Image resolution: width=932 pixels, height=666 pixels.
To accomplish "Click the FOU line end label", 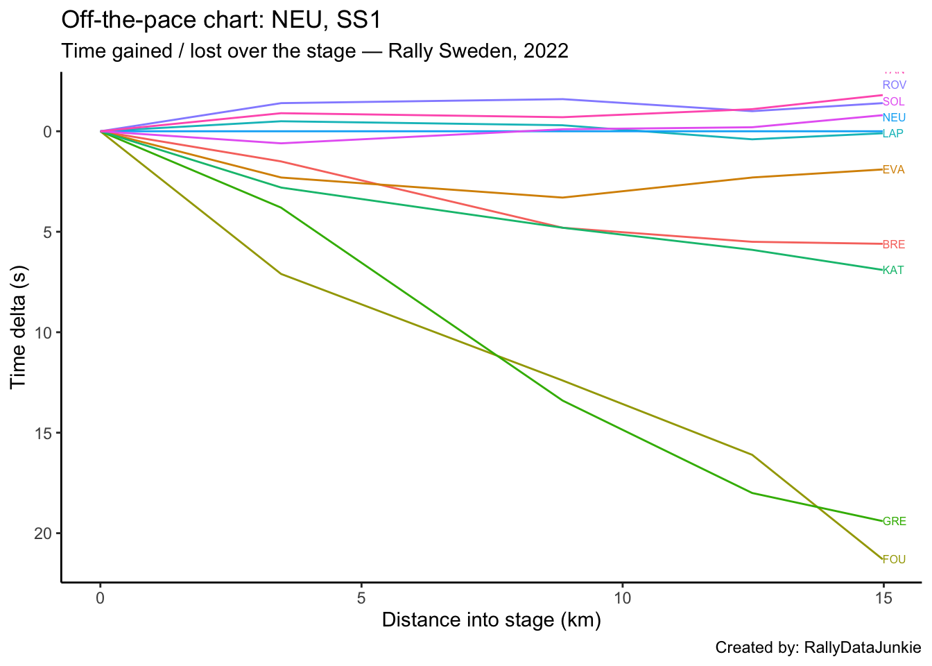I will [x=894, y=559].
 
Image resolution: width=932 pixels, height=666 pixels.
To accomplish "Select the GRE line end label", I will [x=894, y=521].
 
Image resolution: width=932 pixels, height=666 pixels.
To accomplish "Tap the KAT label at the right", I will [x=893, y=270].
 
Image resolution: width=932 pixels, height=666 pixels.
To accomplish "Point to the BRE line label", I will [x=893, y=244].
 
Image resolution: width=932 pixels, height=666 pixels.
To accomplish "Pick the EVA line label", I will [x=893, y=169].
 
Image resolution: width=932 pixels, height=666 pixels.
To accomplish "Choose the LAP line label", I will [x=892, y=133].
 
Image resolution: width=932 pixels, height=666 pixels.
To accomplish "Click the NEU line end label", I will [x=894, y=117].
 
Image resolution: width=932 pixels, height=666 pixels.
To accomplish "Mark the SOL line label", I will [x=893, y=101].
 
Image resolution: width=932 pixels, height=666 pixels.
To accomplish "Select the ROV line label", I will [x=894, y=85].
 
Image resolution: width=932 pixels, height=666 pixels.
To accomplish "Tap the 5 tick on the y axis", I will [x=47, y=232].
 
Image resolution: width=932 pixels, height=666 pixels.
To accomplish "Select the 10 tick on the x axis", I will [x=622, y=597].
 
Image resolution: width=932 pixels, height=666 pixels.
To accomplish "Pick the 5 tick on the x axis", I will [x=361, y=597].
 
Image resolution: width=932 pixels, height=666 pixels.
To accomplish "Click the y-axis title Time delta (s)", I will [x=19, y=327].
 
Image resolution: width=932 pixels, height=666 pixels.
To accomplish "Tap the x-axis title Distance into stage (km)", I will [x=491, y=620].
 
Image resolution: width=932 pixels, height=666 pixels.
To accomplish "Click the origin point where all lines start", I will [x=101, y=131].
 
